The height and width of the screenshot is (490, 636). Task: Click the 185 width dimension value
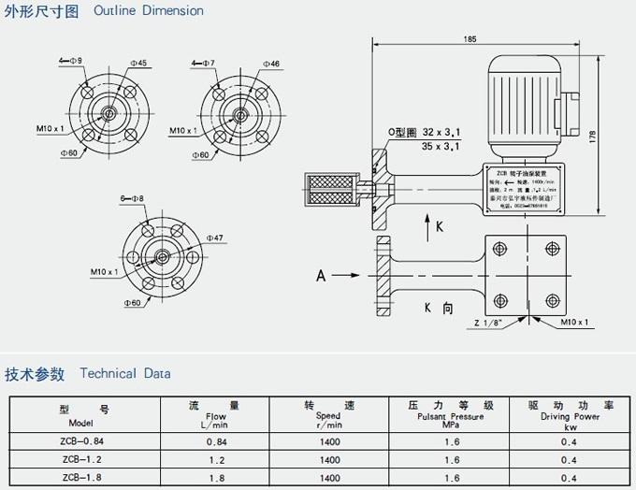(x=470, y=38)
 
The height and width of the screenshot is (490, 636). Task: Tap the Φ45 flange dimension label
(x=137, y=64)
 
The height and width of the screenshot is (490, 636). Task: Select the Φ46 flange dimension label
(x=271, y=64)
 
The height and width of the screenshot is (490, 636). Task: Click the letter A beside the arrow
(x=321, y=275)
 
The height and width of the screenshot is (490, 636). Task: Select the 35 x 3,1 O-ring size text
(x=441, y=147)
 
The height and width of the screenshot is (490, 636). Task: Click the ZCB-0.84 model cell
(x=83, y=440)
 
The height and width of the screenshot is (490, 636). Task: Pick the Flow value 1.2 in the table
(x=217, y=459)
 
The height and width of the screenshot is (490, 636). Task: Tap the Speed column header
(x=328, y=411)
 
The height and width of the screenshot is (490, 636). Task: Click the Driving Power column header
(x=569, y=411)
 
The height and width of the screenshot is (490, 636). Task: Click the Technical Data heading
(x=125, y=374)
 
